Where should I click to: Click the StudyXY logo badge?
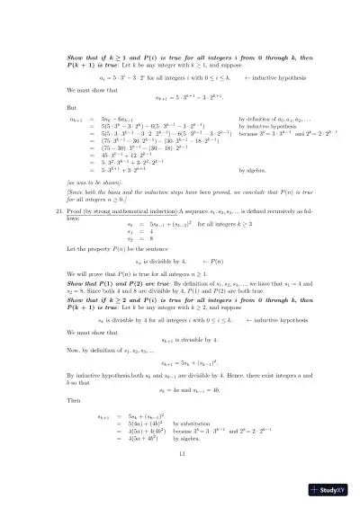[330, 492]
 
